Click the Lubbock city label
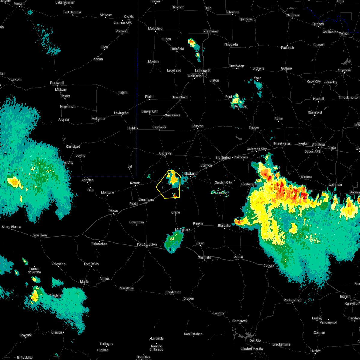point(203,70)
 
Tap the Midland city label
point(191,173)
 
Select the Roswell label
point(57,83)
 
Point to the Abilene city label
point(319,144)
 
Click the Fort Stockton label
point(147,244)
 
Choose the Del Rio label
point(255,340)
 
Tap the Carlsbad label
point(73,146)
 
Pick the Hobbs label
point(133,128)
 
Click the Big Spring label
point(223,157)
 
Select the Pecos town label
point(113,211)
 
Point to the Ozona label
point(238,257)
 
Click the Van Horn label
point(40,235)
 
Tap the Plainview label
point(211,31)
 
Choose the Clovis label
point(129,16)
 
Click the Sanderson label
point(173,292)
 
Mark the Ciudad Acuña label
point(252,349)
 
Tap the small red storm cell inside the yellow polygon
point(175,195)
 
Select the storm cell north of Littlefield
point(192,43)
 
